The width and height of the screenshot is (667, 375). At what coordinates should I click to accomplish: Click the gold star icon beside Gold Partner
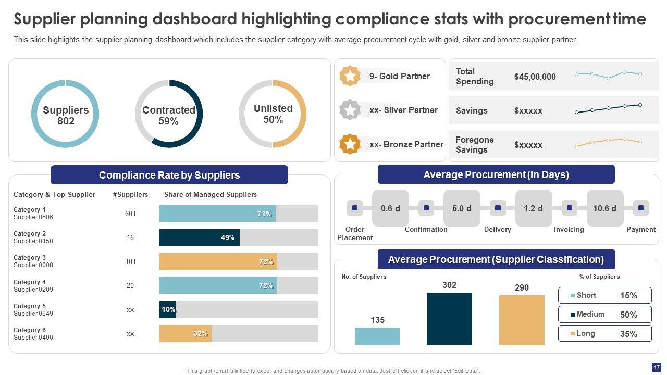pos(350,76)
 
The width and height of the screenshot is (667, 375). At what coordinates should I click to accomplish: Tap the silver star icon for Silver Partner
pos(350,110)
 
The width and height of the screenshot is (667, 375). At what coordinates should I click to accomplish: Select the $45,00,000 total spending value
pos(535,77)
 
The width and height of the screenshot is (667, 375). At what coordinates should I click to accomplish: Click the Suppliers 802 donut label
pos(66,116)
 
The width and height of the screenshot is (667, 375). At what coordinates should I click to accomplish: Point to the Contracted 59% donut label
pos(168,116)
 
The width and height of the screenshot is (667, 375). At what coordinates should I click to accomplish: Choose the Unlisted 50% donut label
pos(273,114)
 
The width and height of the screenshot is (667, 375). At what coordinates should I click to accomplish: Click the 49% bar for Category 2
pos(200,238)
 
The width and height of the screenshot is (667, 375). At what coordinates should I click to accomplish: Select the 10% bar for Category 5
pos(167,309)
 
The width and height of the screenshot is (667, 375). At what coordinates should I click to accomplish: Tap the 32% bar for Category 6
pos(185,334)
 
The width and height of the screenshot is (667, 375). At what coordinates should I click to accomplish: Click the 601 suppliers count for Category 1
pos(130,214)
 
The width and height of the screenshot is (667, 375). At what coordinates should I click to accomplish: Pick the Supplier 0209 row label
pos(33,290)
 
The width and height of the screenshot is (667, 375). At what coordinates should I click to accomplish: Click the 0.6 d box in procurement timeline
pos(390,208)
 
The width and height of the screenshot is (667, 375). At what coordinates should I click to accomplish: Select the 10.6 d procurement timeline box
pos(604,208)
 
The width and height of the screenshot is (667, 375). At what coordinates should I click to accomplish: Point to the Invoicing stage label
pos(569,229)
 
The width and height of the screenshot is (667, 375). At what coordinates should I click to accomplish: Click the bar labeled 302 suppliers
pos(449,319)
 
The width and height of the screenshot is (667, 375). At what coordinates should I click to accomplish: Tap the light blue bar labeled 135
pos(377,336)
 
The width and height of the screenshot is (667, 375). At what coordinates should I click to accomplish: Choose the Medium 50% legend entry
pos(604,315)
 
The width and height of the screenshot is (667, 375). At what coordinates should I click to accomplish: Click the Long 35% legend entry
pos(604,334)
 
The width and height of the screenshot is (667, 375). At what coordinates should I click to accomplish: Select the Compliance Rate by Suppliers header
pos(169,175)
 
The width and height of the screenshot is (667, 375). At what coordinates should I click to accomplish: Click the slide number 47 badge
pos(656,367)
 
